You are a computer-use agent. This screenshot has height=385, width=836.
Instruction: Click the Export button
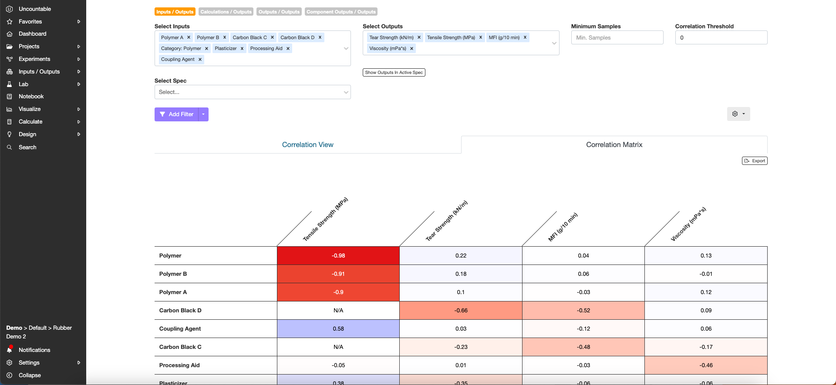(755, 161)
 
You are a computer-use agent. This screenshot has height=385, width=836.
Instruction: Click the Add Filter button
(176, 114)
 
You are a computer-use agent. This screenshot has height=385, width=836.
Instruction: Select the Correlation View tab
(307, 145)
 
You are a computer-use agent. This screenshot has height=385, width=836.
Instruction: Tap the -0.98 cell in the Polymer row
(338, 256)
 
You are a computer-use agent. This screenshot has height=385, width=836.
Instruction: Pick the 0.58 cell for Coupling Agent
(338, 329)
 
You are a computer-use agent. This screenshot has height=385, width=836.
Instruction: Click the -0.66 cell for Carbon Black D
(461, 311)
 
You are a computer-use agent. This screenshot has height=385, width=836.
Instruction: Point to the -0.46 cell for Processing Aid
(706, 365)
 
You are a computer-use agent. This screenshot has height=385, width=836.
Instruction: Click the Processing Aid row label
(179, 365)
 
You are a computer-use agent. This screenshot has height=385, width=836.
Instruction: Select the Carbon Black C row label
(180, 347)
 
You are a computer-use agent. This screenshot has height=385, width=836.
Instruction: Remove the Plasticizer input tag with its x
(242, 49)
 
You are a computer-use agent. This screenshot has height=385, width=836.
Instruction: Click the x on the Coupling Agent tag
(200, 60)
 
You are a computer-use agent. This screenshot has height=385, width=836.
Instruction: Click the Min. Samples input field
(617, 38)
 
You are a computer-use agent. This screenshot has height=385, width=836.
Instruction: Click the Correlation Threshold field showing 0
(721, 38)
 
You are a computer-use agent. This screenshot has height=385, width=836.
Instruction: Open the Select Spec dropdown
(253, 92)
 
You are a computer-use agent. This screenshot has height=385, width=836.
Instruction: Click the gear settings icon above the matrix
(735, 114)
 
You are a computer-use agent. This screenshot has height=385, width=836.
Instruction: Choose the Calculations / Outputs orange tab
(226, 12)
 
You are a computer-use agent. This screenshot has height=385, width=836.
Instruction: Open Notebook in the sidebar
(31, 97)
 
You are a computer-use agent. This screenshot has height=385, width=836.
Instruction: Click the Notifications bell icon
(10, 350)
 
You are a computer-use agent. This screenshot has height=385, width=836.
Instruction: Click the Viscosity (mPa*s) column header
(688, 224)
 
